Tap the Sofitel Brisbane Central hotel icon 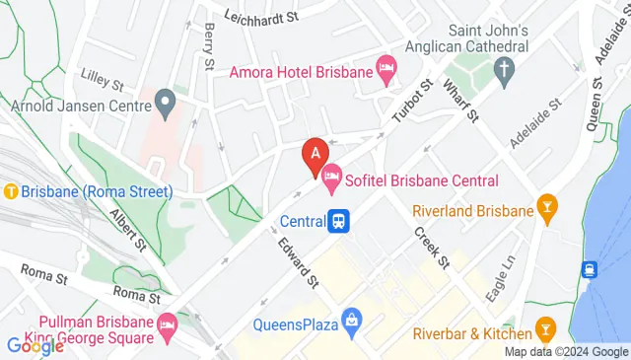333,180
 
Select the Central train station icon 339,222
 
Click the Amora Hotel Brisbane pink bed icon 386,69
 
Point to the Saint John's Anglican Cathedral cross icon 505,70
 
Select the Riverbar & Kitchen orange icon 543,325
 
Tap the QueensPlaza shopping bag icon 349,320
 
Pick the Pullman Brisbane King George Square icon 167,323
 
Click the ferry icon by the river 590,269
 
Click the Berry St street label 209,46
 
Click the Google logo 35,346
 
